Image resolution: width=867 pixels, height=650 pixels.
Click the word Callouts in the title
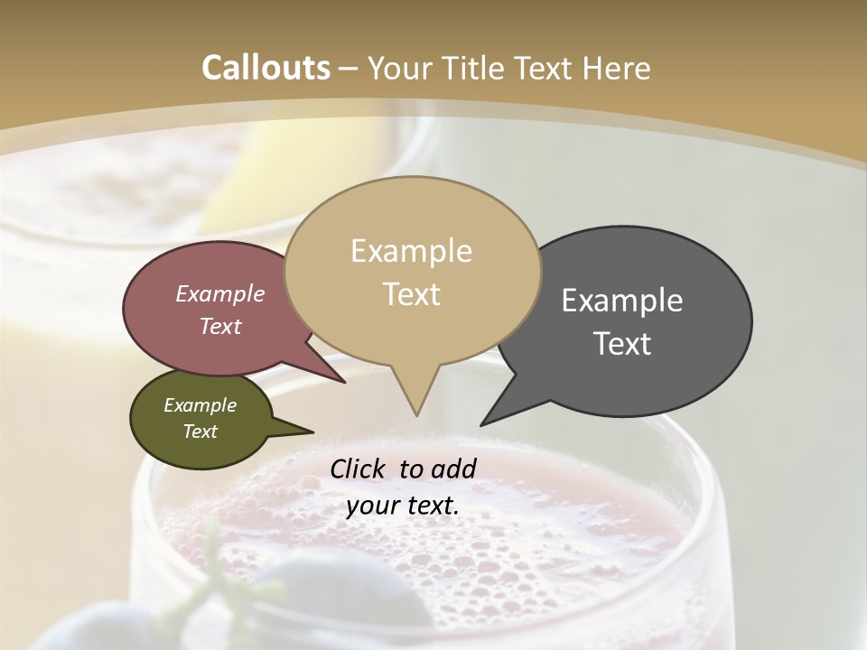click(266, 68)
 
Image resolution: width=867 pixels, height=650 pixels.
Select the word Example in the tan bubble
click(411, 251)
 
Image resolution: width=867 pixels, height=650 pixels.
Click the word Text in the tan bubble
click(411, 294)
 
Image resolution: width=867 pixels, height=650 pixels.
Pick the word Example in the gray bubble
click(622, 301)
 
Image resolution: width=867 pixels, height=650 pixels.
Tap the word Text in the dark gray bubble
click(622, 344)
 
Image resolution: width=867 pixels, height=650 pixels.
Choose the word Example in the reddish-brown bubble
click(219, 294)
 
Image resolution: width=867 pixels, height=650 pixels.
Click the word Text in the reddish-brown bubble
click(219, 327)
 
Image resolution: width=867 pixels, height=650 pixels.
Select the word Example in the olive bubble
click(200, 405)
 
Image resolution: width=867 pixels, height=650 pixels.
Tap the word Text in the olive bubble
click(200, 432)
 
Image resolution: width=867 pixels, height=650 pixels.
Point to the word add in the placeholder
click(453, 469)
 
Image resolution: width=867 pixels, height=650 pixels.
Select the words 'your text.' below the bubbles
click(402, 506)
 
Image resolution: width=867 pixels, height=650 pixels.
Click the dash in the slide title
click(349, 68)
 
